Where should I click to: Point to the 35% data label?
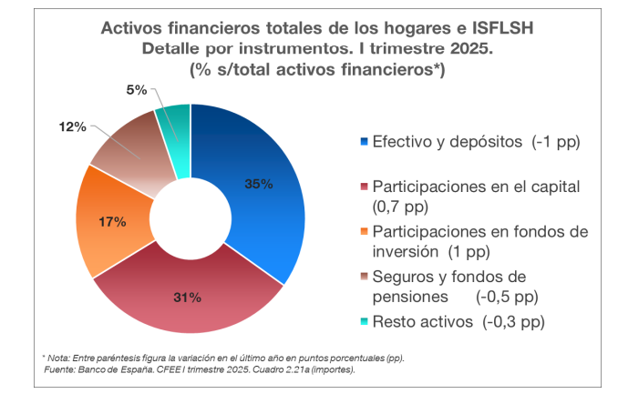tap(259, 183)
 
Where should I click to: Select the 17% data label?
tap(112, 220)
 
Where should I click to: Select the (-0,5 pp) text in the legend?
tap(507, 297)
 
